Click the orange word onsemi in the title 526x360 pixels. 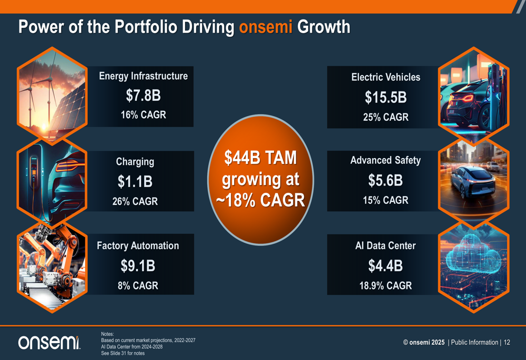(x=266, y=27)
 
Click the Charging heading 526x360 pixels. (x=135, y=162)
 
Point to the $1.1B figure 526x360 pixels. (x=135, y=182)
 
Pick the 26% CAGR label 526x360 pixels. (x=135, y=201)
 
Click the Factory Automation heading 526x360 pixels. (x=138, y=246)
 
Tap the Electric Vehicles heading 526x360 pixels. (x=386, y=77)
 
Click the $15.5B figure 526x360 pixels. (x=386, y=98)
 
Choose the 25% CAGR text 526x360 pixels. (x=386, y=117)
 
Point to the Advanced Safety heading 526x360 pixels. (x=386, y=160)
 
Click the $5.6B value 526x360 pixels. (x=386, y=181)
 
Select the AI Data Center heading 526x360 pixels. (x=386, y=246)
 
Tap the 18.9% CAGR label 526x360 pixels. (x=386, y=286)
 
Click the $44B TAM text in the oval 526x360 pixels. (x=261, y=158)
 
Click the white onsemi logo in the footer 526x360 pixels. (x=49, y=343)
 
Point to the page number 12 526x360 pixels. (x=507, y=343)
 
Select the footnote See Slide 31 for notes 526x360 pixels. (x=123, y=353)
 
